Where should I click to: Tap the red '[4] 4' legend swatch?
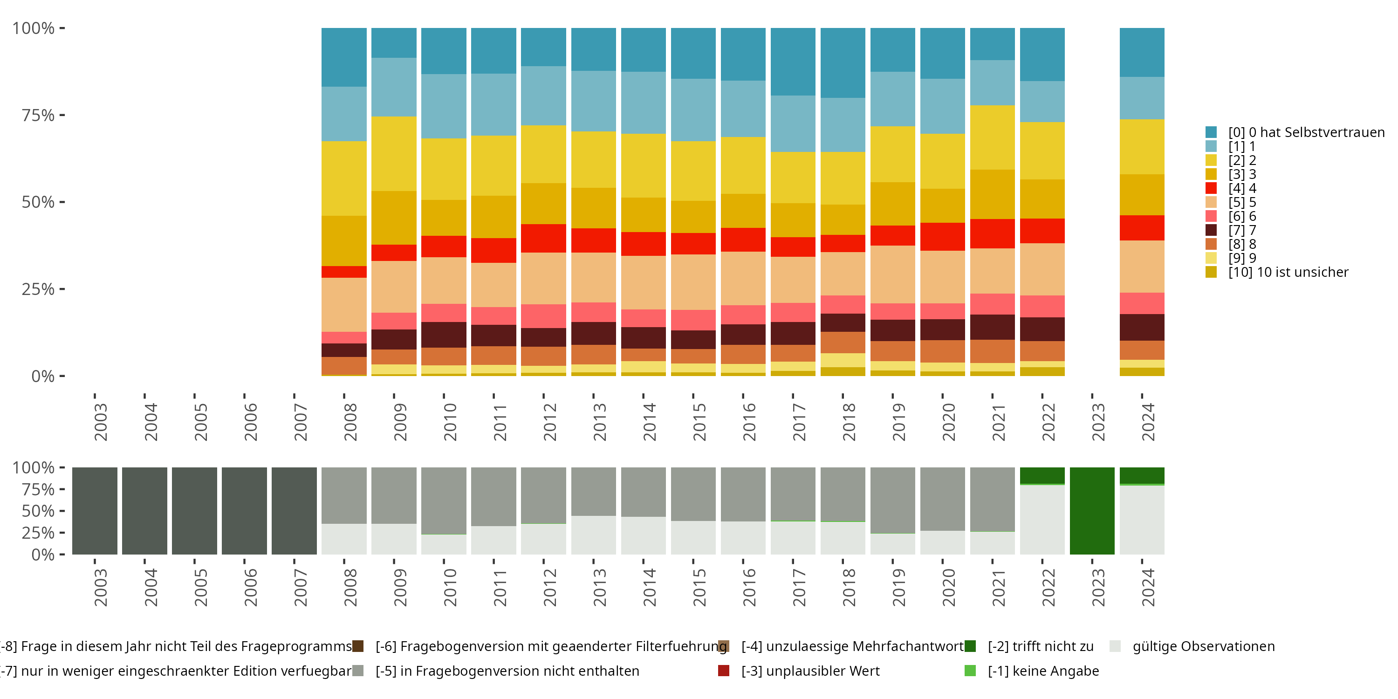tap(1211, 188)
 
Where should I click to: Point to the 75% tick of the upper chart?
tap(62, 115)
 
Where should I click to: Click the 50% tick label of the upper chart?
tap(38, 202)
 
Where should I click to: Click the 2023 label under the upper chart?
tap(1098, 422)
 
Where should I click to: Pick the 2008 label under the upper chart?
tap(350, 422)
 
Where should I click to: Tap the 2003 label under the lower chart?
tap(100, 588)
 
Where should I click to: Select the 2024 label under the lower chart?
tap(1148, 588)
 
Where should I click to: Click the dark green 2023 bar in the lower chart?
tap(1092, 511)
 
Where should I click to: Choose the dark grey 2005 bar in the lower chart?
tap(194, 511)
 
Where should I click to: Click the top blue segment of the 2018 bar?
tap(843, 63)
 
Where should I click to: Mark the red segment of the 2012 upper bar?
tap(543, 238)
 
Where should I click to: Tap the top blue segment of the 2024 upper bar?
tap(1142, 52)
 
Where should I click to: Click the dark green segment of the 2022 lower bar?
tap(1042, 475)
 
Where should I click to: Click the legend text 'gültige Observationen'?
tap(1203, 646)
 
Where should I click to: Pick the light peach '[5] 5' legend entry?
tap(1242, 202)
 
